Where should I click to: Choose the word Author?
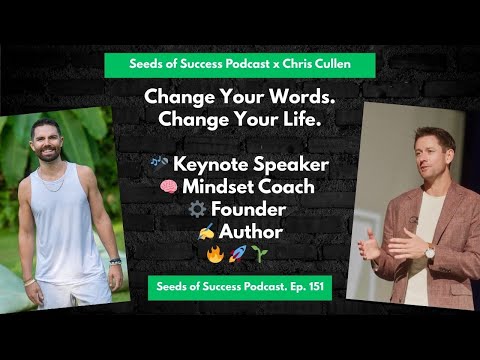tap(250, 231)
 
